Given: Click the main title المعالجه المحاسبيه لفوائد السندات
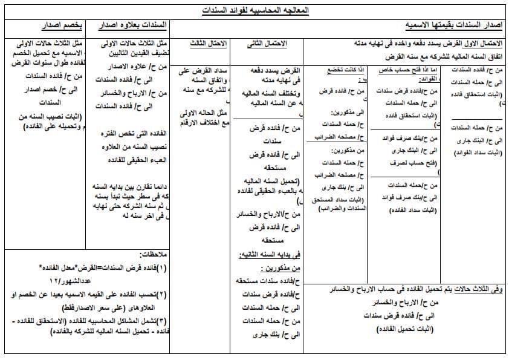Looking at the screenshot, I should pyautogui.click(x=254, y=10).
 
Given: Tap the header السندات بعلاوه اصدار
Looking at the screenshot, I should pyautogui.click(x=128, y=26).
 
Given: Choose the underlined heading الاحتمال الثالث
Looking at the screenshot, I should pyautogui.click(x=207, y=44).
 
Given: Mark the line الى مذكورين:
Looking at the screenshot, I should pyautogui.click(x=343, y=113).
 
